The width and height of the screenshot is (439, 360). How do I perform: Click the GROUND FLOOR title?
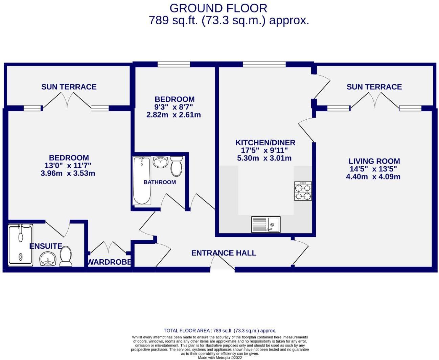click(x=218, y=8)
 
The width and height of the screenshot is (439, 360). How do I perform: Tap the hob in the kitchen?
click(x=303, y=191)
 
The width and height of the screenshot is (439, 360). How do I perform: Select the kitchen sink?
click(x=265, y=224)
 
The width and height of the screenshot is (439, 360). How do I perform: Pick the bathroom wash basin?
click(x=160, y=162)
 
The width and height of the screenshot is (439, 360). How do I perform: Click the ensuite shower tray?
click(x=21, y=245)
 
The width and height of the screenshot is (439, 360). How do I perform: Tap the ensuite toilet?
click(x=66, y=256)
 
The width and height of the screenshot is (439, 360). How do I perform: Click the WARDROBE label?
click(x=109, y=262)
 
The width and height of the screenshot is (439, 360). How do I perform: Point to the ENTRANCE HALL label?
click(x=224, y=253)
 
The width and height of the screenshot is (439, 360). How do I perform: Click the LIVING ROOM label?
click(x=374, y=161)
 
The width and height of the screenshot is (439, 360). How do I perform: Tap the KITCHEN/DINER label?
click(x=265, y=143)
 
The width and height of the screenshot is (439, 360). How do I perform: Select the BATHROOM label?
click(x=160, y=182)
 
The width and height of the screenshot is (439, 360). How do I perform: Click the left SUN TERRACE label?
click(x=69, y=87)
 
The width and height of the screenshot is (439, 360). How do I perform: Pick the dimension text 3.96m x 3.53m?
click(x=68, y=173)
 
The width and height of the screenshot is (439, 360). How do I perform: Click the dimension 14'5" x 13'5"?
click(x=373, y=169)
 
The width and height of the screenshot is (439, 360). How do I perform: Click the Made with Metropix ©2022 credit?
click(x=220, y=358)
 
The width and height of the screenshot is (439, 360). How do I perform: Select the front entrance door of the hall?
click(x=222, y=262)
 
